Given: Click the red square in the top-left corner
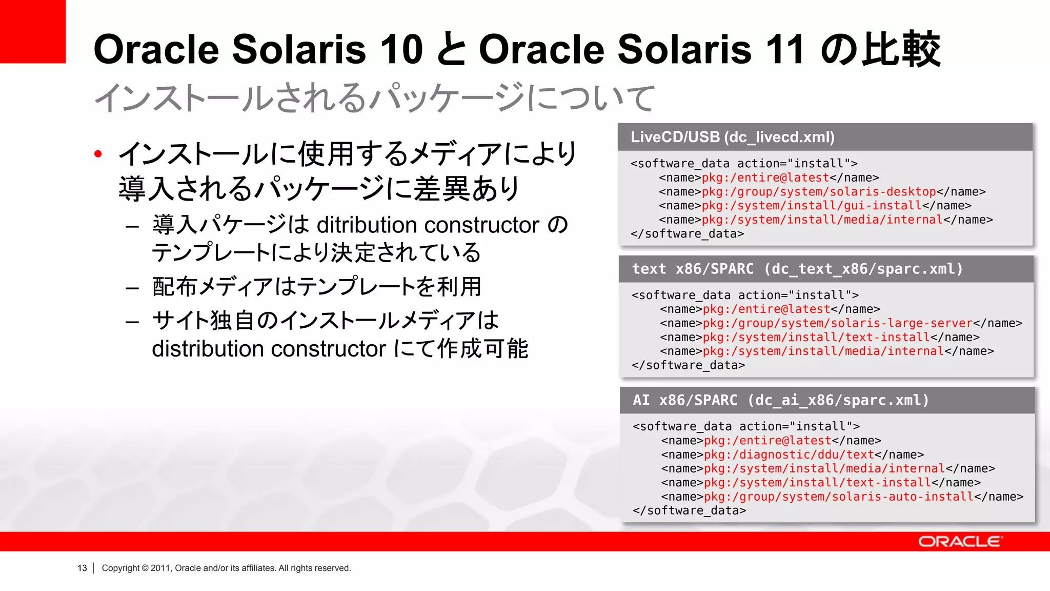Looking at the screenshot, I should (x=32, y=31).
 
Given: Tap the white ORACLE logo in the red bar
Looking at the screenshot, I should (x=960, y=542).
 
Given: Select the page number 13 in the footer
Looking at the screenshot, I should (x=82, y=568).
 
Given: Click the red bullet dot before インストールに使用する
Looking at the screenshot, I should (x=98, y=153).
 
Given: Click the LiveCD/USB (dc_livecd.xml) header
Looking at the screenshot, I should (x=732, y=137).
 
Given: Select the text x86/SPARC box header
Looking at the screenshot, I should (x=797, y=269).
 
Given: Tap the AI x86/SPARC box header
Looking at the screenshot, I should (x=780, y=400).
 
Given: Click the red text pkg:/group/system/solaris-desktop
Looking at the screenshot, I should (x=819, y=192).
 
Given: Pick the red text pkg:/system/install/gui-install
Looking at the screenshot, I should (x=812, y=206).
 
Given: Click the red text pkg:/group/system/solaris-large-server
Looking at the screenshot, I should (x=837, y=323).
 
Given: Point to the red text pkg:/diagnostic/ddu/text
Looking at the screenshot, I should (x=789, y=455).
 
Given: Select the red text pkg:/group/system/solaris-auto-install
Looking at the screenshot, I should (x=838, y=497).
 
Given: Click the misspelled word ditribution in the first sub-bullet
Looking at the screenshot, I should (x=367, y=225).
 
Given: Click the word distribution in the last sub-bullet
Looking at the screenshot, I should (x=208, y=349).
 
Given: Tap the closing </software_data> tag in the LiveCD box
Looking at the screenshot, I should (x=687, y=234).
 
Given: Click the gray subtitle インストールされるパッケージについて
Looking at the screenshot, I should (x=374, y=97).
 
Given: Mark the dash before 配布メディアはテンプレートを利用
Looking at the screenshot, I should (x=132, y=288).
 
